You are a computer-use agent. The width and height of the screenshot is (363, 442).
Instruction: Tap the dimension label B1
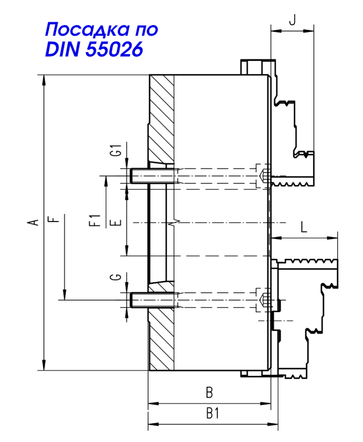coord(212,414)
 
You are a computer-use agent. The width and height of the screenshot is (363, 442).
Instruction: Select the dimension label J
coord(292,20)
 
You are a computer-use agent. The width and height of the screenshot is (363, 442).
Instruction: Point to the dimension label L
coord(304,227)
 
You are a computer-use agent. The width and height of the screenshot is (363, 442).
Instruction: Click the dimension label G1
coord(116,150)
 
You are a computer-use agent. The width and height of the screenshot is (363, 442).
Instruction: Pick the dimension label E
coord(116,222)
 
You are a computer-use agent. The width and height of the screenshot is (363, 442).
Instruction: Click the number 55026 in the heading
coord(114,49)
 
